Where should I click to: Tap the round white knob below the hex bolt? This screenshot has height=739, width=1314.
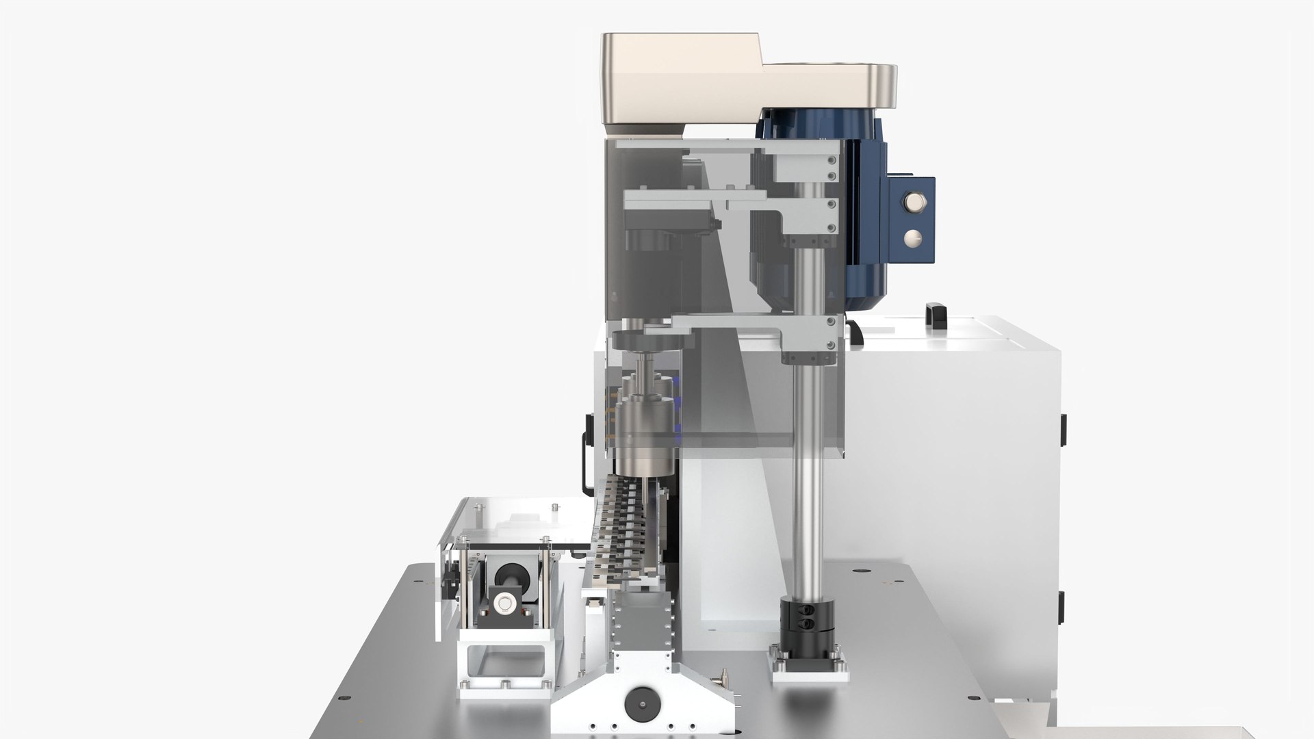pos(913,238)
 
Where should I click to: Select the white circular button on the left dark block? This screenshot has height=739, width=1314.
pos(506,603)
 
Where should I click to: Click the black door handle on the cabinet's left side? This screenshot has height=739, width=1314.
pos(586,452)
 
